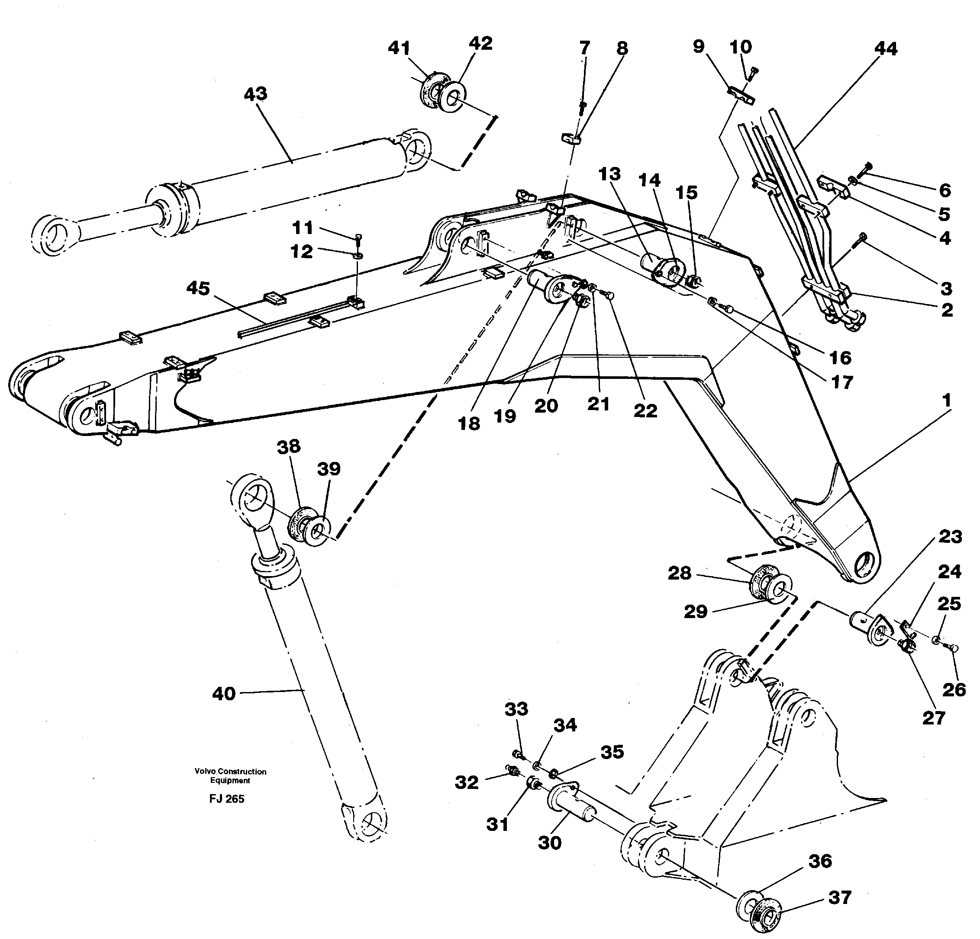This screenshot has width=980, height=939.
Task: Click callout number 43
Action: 255,94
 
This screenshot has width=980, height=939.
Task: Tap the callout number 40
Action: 223,694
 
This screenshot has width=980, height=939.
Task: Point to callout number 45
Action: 198,288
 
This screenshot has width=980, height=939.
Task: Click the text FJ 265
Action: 226,798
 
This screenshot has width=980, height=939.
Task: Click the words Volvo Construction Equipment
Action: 231,776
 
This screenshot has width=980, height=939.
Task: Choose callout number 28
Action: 680,573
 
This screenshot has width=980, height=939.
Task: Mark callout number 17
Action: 841,382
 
